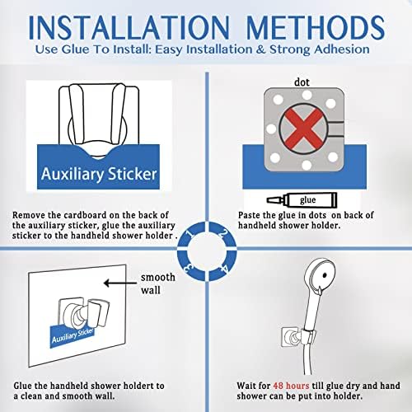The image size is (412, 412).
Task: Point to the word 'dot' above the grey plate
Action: pyautogui.click(x=302, y=82)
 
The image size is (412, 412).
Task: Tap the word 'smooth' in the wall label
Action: pyautogui.click(x=157, y=278)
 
